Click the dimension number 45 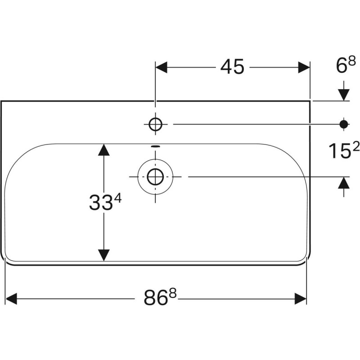(232, 67)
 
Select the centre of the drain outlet (155, 176)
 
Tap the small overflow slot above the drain (155, 146)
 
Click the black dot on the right (344, 124)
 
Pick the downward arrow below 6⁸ (344, 94)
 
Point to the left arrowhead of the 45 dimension (162, 67)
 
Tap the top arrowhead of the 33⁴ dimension (104, 150)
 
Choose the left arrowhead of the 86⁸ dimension (11, 298)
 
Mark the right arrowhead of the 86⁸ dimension (300, 298)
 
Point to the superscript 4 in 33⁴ (120, 198)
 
